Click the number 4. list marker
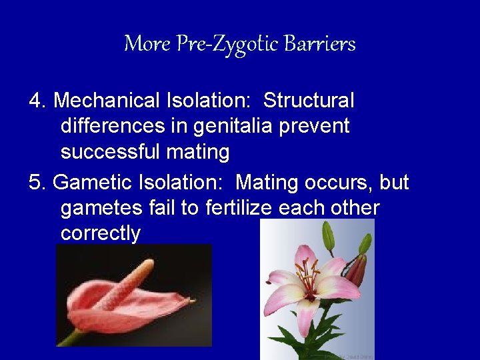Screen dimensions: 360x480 point(38,101)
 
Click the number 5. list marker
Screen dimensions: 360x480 point(38,182)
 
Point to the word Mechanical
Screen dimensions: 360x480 point(106,101)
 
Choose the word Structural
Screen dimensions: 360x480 point(309,101)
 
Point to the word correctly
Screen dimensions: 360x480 point(100,233)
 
